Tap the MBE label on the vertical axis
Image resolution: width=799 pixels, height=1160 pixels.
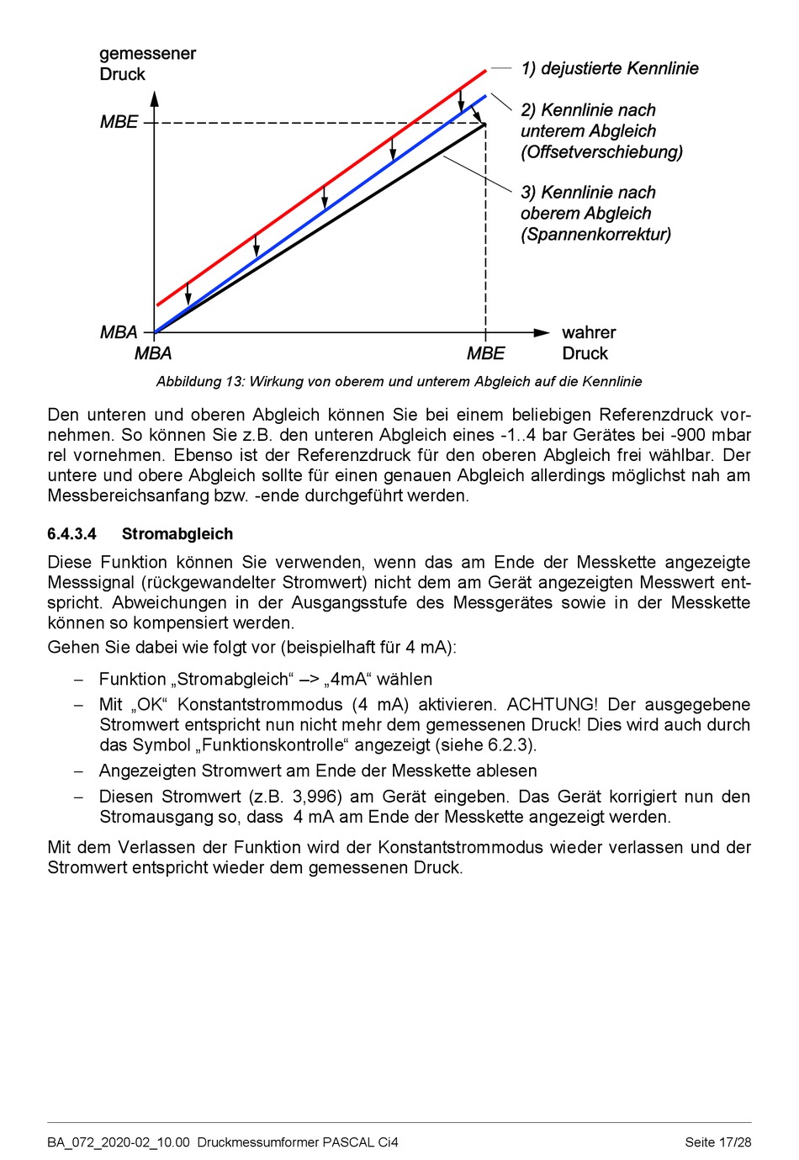point(119,122)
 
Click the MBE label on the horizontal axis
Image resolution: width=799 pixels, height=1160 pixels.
point(485,353)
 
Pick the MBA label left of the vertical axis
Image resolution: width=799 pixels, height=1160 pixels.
point(119,332)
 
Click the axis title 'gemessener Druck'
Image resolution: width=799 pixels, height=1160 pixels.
point(147,64)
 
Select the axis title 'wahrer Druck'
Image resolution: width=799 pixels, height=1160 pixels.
point(588,343)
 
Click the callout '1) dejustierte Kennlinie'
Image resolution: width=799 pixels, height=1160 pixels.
point(610,69)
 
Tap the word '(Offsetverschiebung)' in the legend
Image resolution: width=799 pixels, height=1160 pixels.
point(601,152)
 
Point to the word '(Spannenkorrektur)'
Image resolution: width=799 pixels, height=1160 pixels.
point(595,235)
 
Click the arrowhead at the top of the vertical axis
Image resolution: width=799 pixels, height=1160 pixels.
point(155,98)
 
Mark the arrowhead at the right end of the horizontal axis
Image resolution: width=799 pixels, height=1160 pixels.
point(542,333)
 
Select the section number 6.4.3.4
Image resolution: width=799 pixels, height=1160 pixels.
point(72,534)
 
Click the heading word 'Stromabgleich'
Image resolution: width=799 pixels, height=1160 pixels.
point(177,534)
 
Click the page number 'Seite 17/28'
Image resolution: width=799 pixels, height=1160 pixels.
point(717,1142)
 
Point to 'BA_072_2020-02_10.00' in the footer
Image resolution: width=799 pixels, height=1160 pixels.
point(119,1142)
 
